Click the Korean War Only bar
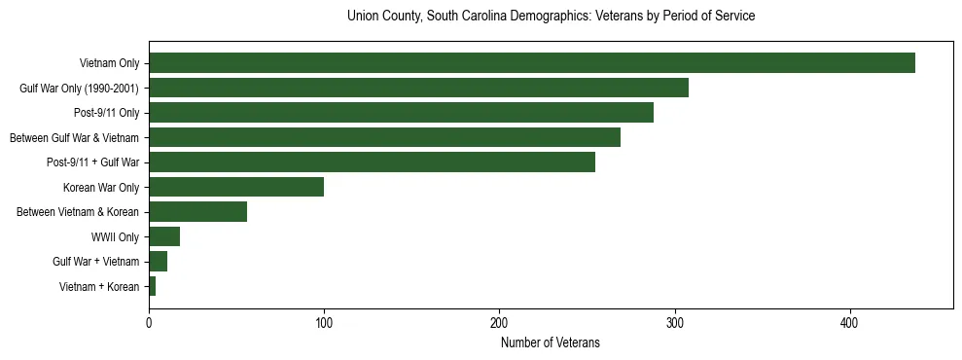[x=236, y=187]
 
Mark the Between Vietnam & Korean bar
[x=198, y=212]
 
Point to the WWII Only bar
[x=164, y=236]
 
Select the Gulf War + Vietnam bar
[x=159, y=261]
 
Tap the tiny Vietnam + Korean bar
[x=153, y=286]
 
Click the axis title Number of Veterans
[x=551, y=342]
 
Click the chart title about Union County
[x=551, y=17]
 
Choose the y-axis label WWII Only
[x=115, y=237]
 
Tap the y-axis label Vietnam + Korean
[x=99, y=287]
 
